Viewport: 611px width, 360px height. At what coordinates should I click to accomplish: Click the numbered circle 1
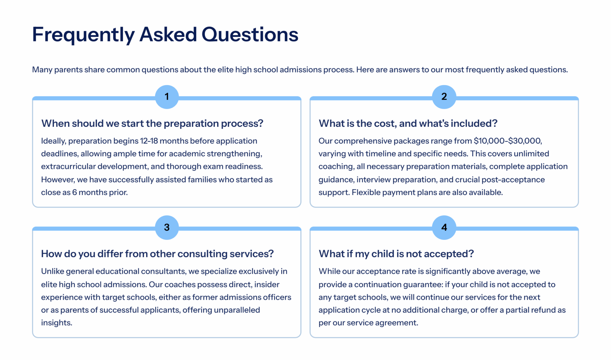pyautogui.click(x=167, y=97)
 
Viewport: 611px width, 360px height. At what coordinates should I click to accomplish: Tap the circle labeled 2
pyautogui.click(x=444, y=97)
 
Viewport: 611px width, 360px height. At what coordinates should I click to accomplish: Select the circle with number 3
pyautogui.click(x=167, y=228)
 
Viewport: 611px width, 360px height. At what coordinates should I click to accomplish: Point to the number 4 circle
pyautogui.click(x=444, y=228)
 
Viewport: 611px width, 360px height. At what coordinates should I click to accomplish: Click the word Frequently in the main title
pyautogui.click(x=84, y=35)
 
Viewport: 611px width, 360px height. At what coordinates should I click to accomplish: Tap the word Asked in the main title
pyautogui.click(x=168, y=34)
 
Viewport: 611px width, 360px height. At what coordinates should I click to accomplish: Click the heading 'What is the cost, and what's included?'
pyautogui.click(x=408, y=123)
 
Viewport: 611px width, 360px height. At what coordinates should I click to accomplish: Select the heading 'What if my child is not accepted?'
pyautogui.click(x=396, y=254)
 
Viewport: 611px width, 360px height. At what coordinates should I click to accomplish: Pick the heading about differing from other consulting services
pyautogui.click(x=157, y=254)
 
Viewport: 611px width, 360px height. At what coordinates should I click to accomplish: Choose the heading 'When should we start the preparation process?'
pyautogui.click(x=152, y=123)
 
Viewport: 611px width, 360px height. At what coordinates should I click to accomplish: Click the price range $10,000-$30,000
pyautogui.click(x=508, y=141)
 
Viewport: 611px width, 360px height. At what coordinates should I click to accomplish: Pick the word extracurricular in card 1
pyautogui.click(x=68, y=166)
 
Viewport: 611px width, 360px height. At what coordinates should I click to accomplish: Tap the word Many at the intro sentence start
pyautogui.click(x=42, y=70)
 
